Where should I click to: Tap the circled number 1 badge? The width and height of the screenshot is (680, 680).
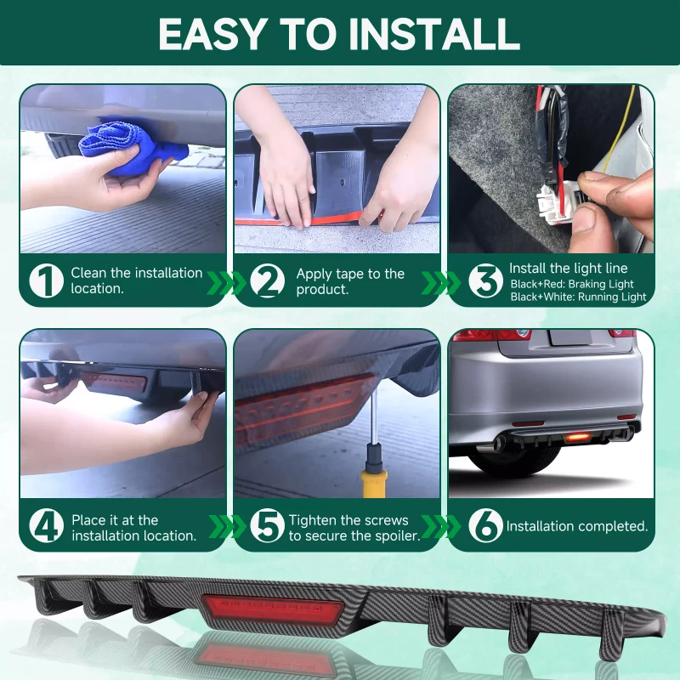(x=47, y=280)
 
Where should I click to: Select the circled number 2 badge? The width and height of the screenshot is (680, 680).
(x=268, y=280)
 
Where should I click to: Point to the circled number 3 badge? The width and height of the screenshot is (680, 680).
(x=485, y=280)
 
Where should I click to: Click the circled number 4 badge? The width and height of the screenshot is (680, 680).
(x=47, y=525)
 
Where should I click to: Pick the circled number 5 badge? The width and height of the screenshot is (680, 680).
(x=268, y=525)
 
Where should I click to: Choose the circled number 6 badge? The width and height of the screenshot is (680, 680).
(x=485, y=525)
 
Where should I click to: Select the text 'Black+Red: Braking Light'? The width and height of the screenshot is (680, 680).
(x=572, y=284)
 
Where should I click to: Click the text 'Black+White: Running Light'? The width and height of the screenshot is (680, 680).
(x=578, y=297)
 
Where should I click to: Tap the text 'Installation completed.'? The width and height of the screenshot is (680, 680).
(x=577, y=526)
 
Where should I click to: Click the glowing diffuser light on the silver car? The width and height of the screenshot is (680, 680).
(x=578, y=438)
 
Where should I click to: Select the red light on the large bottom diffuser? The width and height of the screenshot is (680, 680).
(x=273, y=609)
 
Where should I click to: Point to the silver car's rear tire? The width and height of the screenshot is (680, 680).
(x=514, y=460)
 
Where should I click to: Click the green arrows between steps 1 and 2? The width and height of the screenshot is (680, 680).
(x=225, y=283)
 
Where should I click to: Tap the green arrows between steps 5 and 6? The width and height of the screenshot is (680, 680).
(x=440, y=526)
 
